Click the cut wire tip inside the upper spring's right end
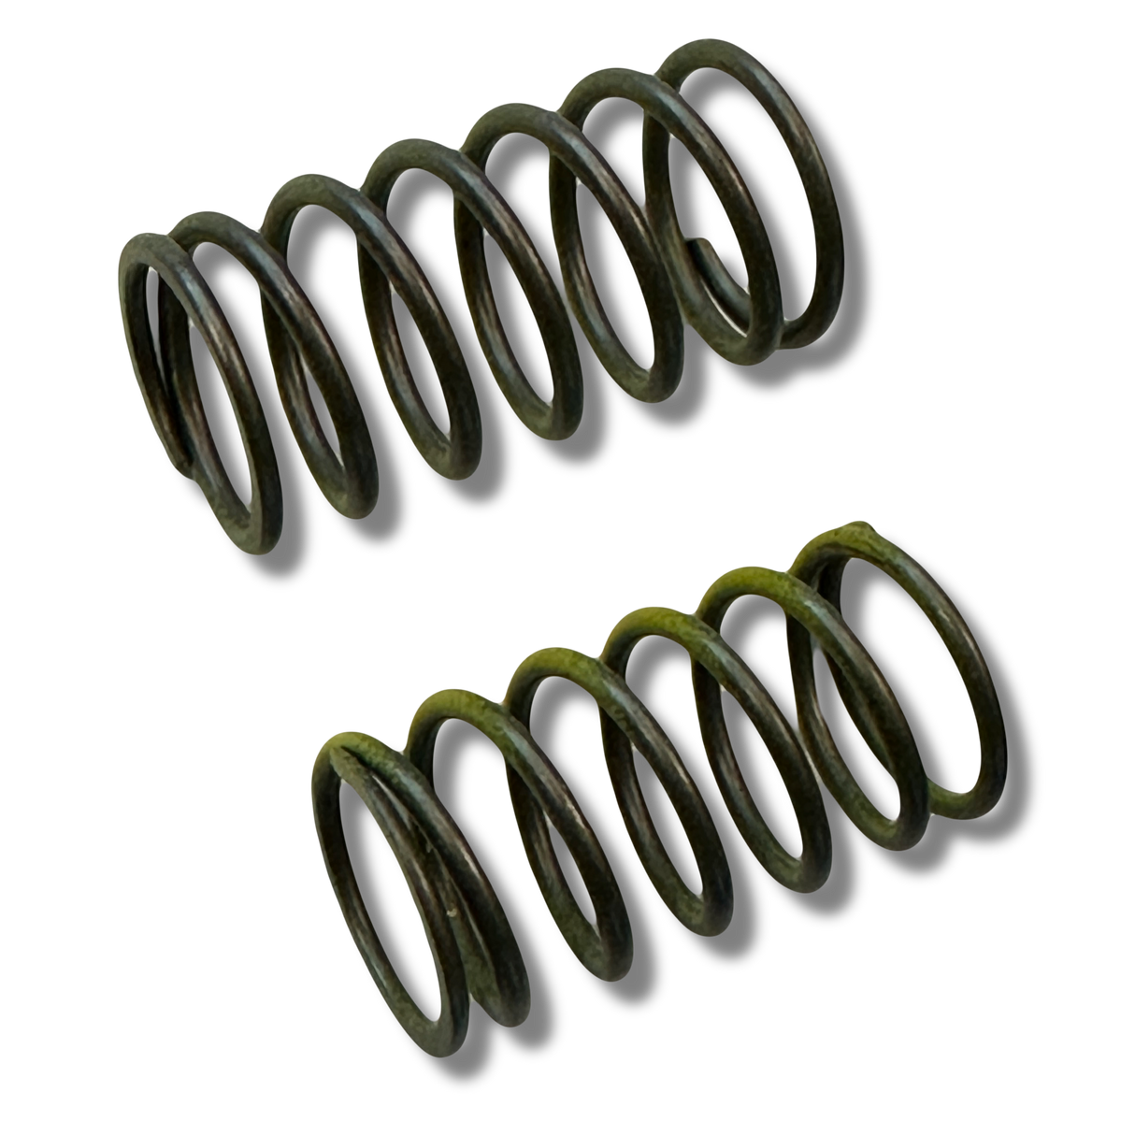pyautogui.click(x=699, y=244)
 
